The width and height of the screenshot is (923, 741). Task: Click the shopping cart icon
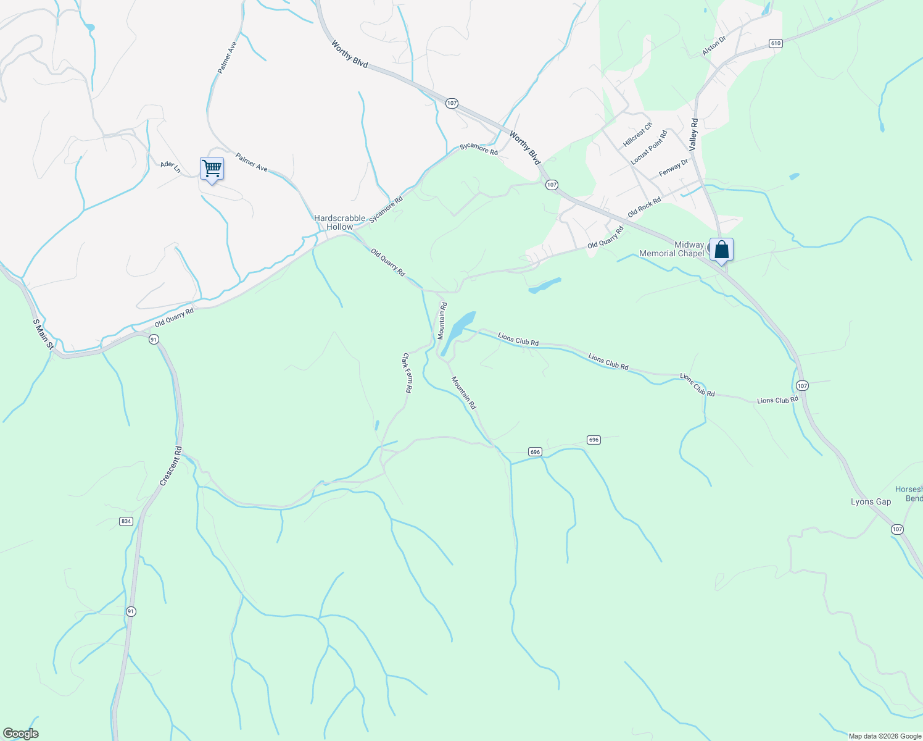click(212, 169)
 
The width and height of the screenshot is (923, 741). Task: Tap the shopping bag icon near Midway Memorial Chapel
click(721, 250)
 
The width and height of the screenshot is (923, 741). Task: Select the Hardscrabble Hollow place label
click(339, 222)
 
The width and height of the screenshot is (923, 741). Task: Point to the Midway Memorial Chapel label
click(671, 249)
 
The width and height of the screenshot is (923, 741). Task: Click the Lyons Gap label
click(871, 501)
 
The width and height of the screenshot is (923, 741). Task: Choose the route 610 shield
click(776, 43)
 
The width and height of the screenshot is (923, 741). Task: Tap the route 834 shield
click(126, 521)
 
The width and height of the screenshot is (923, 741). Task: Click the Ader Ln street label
click(170, 167)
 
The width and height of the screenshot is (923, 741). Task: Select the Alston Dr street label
click(714, 46)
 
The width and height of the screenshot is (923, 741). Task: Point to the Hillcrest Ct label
click(637, 135)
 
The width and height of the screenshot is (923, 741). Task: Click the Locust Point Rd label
click(648, 147)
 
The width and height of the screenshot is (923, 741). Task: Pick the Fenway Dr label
click(673, 167)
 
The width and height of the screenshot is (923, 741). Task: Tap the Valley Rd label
click(693, 135)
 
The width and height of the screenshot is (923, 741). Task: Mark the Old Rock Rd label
click(644, 207)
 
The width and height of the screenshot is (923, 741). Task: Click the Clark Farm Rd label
click(407, 373)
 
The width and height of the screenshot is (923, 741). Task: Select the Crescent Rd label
click(170, 466)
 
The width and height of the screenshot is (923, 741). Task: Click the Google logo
click(21, 734)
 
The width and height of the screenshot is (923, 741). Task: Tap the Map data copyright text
click(884, 736)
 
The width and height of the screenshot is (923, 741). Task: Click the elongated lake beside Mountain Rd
click(457, 333)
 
